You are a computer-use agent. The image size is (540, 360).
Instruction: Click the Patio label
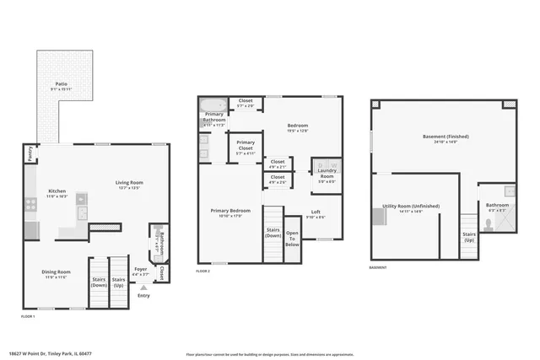tap(61, 84)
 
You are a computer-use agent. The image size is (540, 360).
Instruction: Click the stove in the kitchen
tap(30, 203)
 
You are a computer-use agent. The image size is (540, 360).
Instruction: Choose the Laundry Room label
tap(327, 175)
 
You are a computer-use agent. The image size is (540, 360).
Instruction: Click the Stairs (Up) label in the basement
tap(469, 237)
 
